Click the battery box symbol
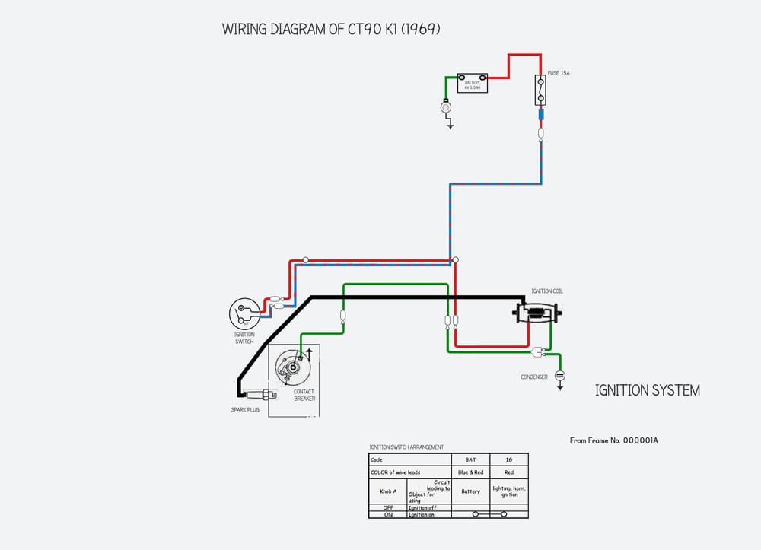point(472,82)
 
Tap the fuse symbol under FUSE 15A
point(540,90)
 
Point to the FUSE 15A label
point(559,73)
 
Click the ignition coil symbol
point(539,312)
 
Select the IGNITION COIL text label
point(547,291)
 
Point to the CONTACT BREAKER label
point(304,396)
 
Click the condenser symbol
point(560,375)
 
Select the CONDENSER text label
point(534,377)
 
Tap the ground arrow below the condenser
point(560,386)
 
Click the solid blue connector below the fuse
point(540,115)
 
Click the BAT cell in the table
point(470,459)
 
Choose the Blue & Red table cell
point(470,472)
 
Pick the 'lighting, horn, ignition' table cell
point(509,491)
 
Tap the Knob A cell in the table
point(388,491)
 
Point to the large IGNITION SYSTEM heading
point(647,390)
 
